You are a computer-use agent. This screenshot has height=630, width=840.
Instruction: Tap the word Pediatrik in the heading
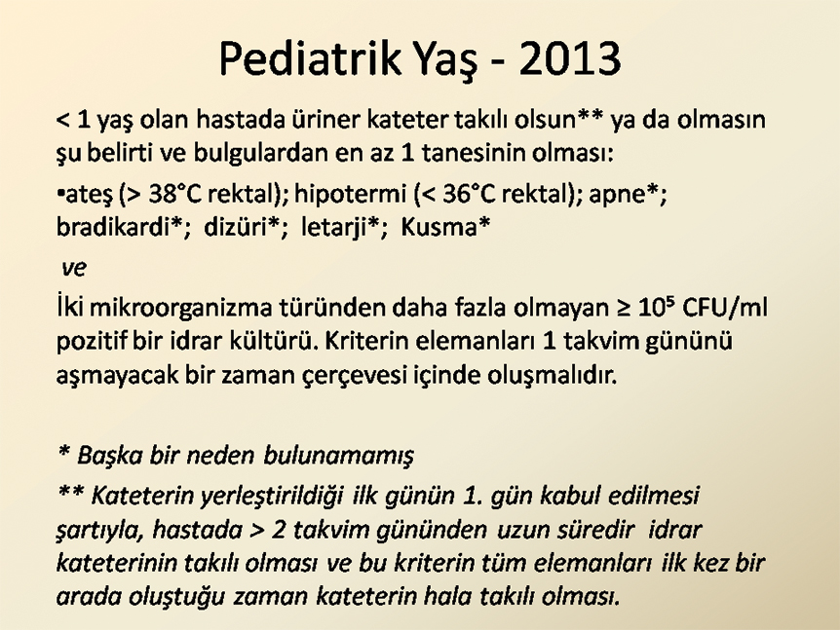[310, 57]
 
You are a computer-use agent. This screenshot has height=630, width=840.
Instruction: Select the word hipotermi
[351, 195]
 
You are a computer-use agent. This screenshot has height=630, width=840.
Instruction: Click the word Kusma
[439, 227]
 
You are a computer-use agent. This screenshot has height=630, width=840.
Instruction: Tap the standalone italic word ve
[74, 268]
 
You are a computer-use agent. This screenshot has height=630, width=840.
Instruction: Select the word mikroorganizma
[180, 309]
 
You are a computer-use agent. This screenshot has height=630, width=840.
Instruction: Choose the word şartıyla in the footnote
[100, 531]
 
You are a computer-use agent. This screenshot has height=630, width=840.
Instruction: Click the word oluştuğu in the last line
[180, 597]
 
